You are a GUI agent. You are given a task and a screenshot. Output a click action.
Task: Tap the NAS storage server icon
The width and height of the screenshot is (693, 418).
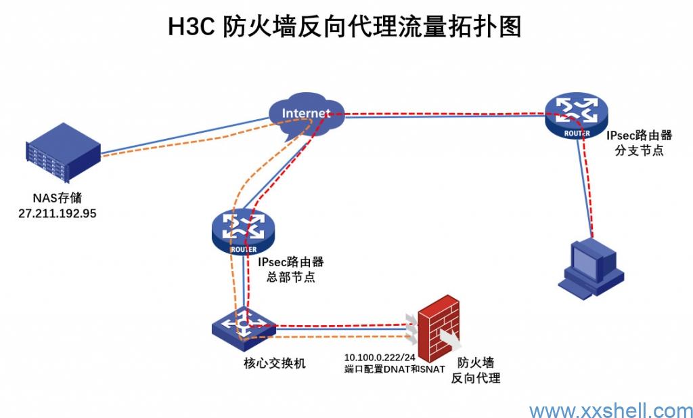pos(63,155)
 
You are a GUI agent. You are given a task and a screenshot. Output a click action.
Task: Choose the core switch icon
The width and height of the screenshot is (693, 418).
pos(243,325)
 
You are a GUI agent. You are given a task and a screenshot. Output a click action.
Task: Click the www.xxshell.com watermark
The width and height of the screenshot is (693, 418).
pos(610,410)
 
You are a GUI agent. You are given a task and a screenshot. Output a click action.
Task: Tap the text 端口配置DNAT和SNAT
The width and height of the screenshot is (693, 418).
pos(395,369)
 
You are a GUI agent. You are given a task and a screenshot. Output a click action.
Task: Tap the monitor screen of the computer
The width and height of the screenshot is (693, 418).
pos(587,256)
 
